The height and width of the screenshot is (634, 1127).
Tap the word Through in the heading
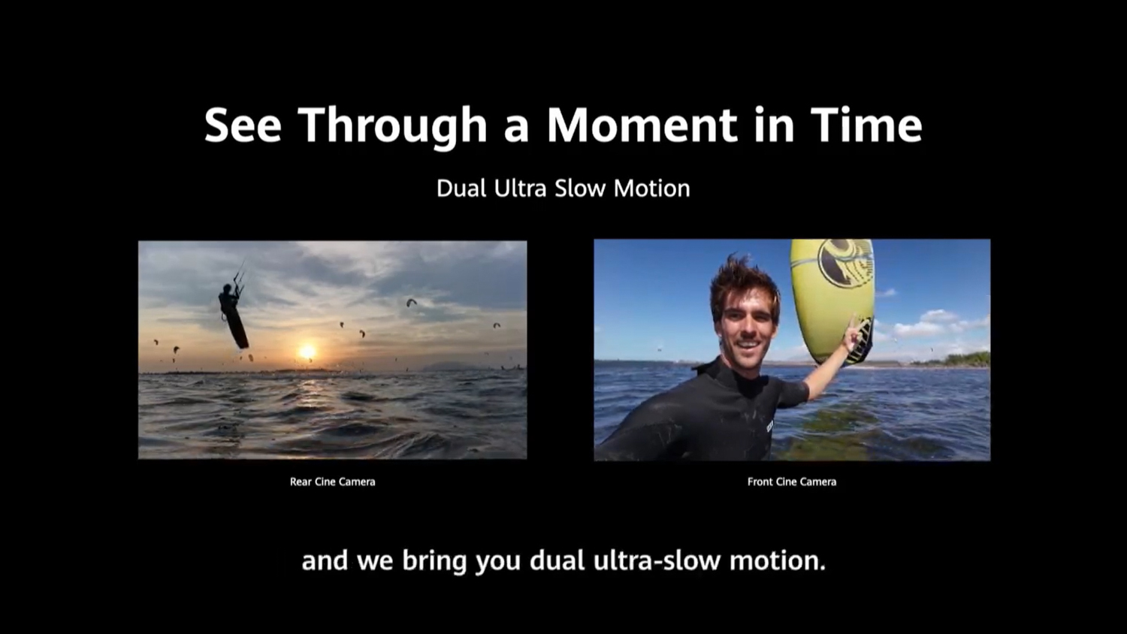click(393, 126)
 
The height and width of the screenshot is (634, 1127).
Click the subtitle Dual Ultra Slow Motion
click(563, 189)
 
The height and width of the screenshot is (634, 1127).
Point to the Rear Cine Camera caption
click(333, 482)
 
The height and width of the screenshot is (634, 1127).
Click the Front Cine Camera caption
click(792, 482)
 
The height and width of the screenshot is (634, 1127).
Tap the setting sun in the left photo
click(307, 352)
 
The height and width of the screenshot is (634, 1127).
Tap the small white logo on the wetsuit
click(770, 427)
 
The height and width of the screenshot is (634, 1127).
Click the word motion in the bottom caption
click(778, 561)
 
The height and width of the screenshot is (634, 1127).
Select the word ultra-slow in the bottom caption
click(657, 560)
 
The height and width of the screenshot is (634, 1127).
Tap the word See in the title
click(243, 125)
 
